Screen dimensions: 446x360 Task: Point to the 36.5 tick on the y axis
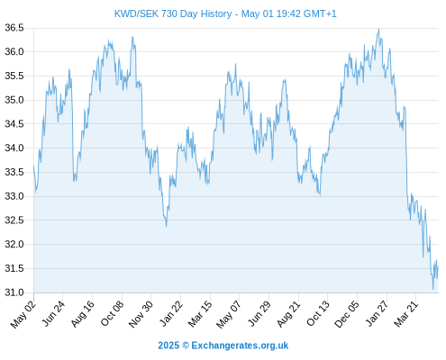(14, 28)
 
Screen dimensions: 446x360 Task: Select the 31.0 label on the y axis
(14, 292)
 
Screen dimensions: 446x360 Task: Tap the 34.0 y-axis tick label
(14, 148)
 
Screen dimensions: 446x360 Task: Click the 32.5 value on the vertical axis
(14, 220)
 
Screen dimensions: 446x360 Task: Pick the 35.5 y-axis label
(14, 76)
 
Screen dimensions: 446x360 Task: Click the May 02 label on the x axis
(23, 314)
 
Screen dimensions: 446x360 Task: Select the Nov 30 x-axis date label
(141, 314)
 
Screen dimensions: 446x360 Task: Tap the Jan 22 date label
(170, 314)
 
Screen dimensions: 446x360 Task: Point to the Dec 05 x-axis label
(346, 314)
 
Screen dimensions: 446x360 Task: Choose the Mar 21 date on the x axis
(405, 314)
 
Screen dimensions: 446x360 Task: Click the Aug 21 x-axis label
(288, 314)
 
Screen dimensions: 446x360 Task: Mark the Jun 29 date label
(259, 314)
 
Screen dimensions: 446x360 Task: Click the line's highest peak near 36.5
(378, 29)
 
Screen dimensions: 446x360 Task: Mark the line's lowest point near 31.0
(433, 289)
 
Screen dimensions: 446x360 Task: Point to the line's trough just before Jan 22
(166, 226)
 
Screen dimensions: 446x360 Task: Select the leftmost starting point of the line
(33, 166)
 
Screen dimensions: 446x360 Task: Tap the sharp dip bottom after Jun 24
(74, 181)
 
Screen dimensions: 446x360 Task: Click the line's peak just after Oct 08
(132, 37)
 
